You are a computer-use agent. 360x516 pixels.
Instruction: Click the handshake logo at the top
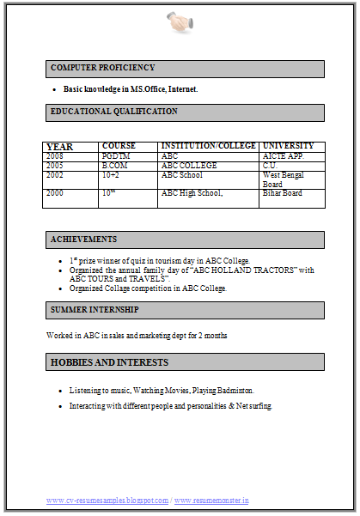180,23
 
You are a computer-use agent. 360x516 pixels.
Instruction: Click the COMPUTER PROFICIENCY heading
103,68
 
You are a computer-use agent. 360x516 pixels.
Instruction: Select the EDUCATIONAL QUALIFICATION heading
114,112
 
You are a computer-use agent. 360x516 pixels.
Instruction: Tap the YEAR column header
59,146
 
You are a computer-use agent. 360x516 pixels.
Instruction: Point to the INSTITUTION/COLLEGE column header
208,146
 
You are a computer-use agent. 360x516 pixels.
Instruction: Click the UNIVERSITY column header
288,146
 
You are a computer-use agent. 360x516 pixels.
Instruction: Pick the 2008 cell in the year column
55,156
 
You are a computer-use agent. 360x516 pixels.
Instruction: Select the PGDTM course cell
115,156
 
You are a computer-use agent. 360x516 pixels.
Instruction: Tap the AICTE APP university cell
282,156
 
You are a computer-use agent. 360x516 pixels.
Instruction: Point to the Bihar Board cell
282,193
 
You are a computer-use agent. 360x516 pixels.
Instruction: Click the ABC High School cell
192,193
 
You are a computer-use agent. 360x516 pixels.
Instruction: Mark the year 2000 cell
55,193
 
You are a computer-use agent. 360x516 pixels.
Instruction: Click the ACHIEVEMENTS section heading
84,240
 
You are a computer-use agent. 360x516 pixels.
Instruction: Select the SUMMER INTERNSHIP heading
95,309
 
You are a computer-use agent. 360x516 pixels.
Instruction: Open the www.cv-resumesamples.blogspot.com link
107,500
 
